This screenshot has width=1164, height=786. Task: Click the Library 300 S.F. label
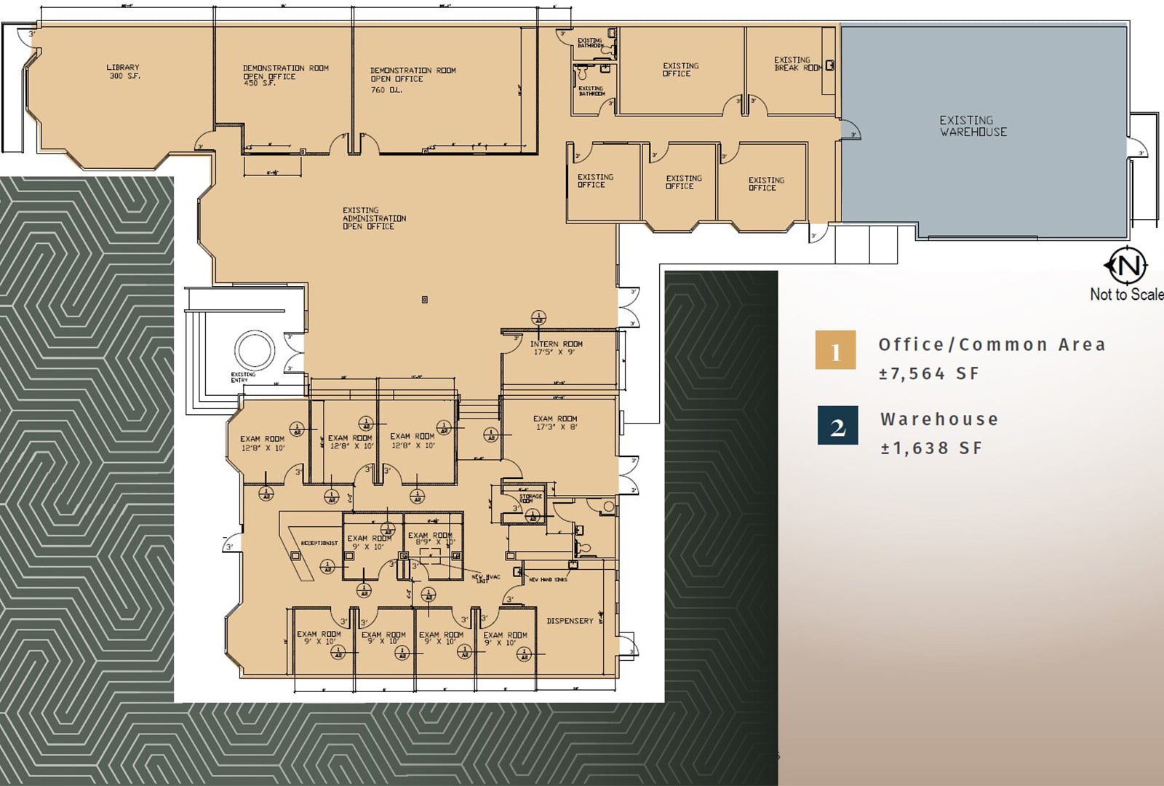tap(123, 71)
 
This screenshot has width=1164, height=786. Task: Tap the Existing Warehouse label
tap(973, 126)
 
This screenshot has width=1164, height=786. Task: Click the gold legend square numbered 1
tap(835, 350)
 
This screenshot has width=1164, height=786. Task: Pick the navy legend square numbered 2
tap(837, 426)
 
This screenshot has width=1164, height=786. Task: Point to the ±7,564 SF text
tap(929, 374)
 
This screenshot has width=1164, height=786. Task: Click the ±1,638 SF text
tap(930, 448)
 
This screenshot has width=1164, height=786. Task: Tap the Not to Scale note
tap(1125, 295)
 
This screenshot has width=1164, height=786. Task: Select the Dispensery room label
tap(570, 621)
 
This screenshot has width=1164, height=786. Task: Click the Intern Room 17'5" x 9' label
tap(556, 348)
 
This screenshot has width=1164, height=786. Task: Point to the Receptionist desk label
tap(319, 543)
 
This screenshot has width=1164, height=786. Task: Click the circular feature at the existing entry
tap(254, 350)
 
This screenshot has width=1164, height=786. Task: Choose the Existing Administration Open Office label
tap(374, 218)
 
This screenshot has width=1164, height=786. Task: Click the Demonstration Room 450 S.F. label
tap(285, 75)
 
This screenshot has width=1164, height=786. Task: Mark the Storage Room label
tap(530, 499)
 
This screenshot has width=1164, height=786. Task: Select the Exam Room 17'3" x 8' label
tap(555, 423)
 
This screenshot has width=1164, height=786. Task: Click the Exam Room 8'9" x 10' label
tap(431, 539)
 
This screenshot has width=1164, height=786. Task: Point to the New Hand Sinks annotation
tap(548, 580)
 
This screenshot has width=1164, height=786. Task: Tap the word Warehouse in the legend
tap(938, 419)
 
